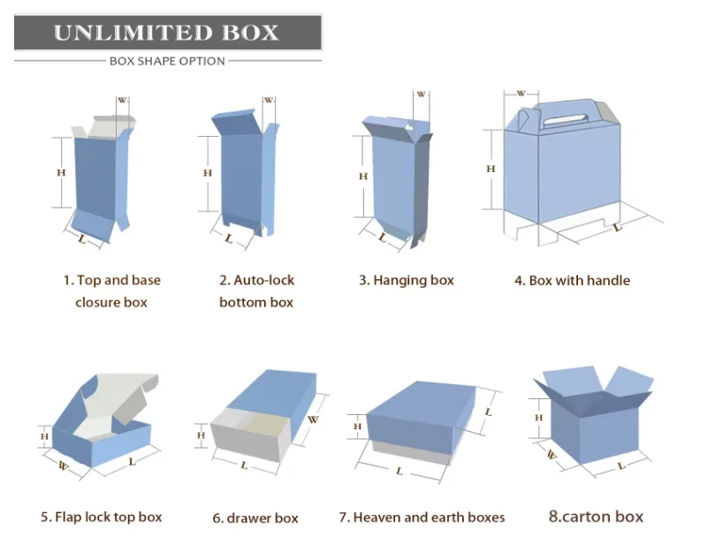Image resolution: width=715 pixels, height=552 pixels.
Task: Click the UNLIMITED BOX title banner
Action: pyautogui.click(x=167, y=33)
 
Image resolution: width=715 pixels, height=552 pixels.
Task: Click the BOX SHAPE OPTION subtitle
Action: pyautogui.click(x=167, y=61)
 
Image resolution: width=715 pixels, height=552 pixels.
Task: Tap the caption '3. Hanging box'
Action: pyautogui.click(x=406, y=280)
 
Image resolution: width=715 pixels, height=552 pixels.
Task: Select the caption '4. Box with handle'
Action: pyautogui.click(x=572, y=280)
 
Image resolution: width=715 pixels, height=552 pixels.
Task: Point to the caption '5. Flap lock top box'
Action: pyautogui.click(x=101, y=517)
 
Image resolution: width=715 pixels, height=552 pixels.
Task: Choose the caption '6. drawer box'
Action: pyautogui.click(x=255, y=518)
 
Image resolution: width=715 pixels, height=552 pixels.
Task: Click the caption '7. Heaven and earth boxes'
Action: pyautogui.click(x=422, y=517)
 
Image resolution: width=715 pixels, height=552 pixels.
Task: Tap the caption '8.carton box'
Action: pyautogui.click(x=596, y=517)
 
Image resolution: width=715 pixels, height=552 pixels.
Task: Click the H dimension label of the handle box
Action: pyautogui.click(x=491, y=169)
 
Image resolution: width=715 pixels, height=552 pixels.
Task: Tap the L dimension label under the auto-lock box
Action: pyautogui.click(x=229, y=238)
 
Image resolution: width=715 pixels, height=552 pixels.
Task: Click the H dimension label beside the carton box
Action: pyautogui.click(x=538, y=418)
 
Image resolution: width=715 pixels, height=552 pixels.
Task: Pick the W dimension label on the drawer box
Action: pyautogui.click(x=313, y=420)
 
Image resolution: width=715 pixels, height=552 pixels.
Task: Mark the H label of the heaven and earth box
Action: pyautogui.click(x=358, y=427)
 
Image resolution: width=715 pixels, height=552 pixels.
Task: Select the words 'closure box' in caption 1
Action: pyautogui.click(x=110, y=302)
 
